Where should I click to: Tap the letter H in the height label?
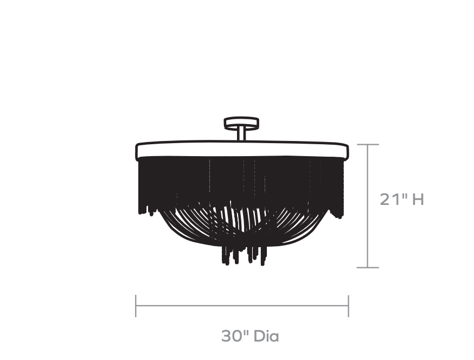pos(418,200)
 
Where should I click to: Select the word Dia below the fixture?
pos(266,336)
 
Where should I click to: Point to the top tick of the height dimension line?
pos(368,144)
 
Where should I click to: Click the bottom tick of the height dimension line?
pos(368,267)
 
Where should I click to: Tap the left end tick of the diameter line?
pos(136,306)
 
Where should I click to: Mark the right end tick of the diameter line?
pos(349,306)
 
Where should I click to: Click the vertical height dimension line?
pos(368,206)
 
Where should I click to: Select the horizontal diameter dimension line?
pos(242,306)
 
